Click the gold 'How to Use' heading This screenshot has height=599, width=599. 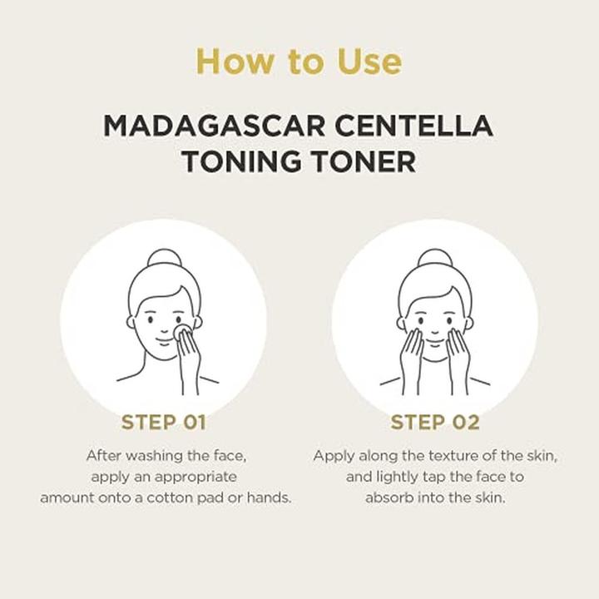coord(299,62)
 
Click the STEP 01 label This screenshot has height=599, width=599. coord(164,422)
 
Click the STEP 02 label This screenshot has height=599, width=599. coord(435,422)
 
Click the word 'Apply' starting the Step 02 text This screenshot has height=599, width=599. coord(330,456)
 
